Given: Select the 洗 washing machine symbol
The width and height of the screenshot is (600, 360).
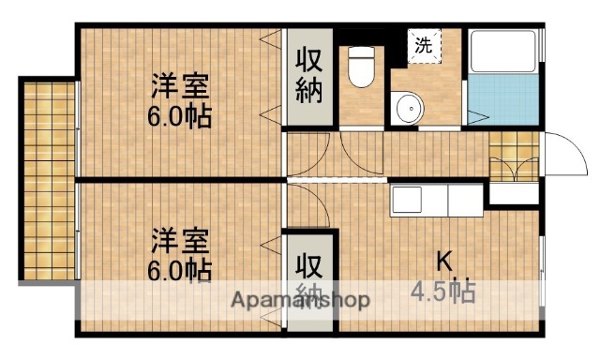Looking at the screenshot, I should pyautogui.click(x=424, y=43).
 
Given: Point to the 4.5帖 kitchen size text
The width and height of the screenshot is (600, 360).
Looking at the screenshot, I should pyautogui.click(x=442, y=290).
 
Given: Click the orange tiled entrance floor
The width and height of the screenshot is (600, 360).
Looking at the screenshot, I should pyautogui.click(x=514, y=155).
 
